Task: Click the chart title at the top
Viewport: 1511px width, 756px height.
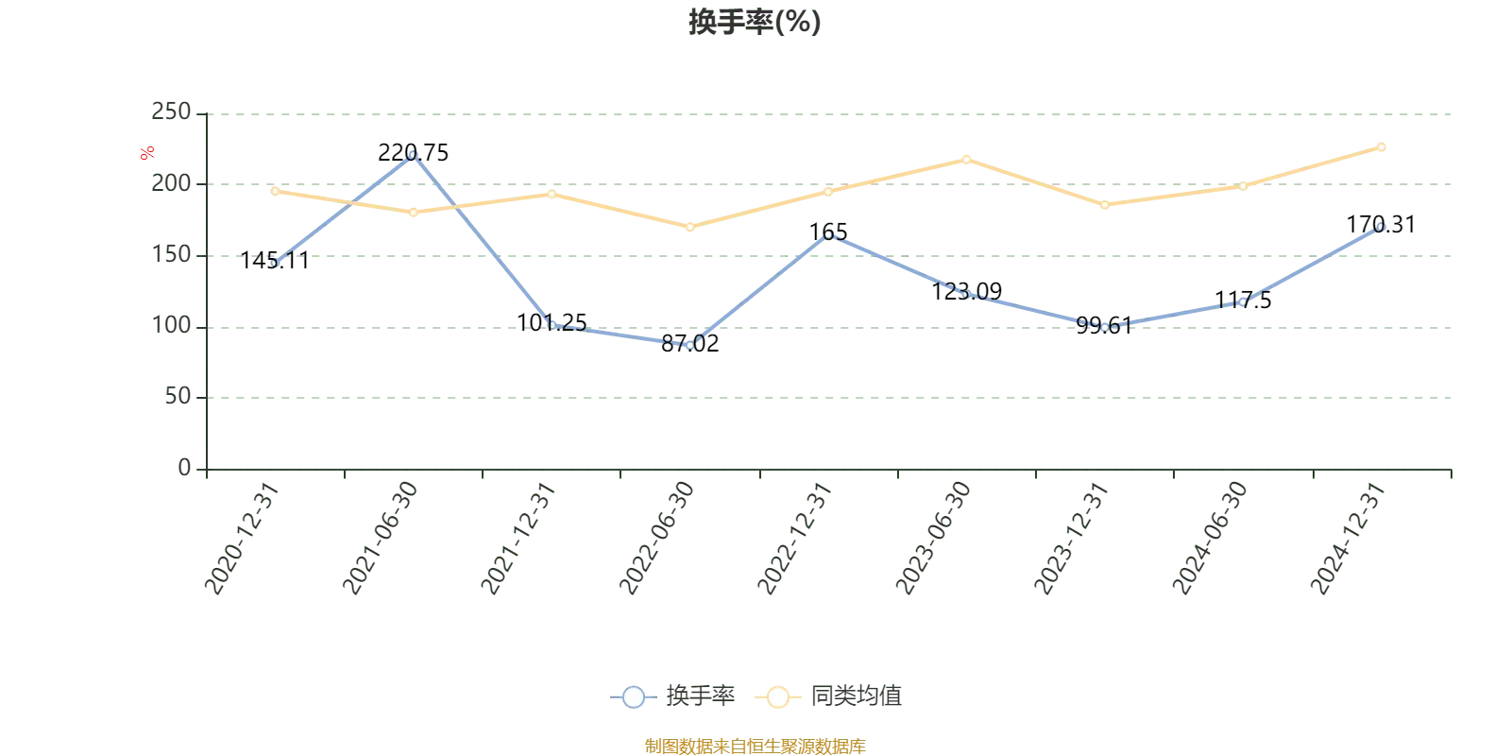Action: [755, 23]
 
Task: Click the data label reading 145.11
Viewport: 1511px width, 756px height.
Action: [275, 262]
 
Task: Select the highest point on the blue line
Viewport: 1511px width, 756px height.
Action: [413, 153]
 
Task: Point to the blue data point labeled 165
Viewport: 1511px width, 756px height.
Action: [829, 233]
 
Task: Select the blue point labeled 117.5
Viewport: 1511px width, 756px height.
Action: [1242, 302]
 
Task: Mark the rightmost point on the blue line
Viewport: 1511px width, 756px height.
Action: [1381, 227]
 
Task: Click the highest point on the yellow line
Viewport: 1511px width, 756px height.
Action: [1381, 146]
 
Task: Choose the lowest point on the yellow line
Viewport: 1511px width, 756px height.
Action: [690, 227]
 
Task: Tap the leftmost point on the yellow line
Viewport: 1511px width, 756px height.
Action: [275, 191]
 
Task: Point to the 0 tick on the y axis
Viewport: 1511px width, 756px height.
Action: [184, 466]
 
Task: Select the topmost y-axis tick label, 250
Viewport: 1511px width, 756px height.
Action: [173, 112]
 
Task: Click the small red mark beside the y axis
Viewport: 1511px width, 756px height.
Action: [146, 153]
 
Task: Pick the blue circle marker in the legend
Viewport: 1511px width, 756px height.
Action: [634, 697]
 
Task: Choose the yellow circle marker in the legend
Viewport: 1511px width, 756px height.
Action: [777, 697]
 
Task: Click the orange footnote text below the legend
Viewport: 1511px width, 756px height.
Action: [755, 745]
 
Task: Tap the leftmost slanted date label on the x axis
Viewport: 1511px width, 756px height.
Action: [242, 539]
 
